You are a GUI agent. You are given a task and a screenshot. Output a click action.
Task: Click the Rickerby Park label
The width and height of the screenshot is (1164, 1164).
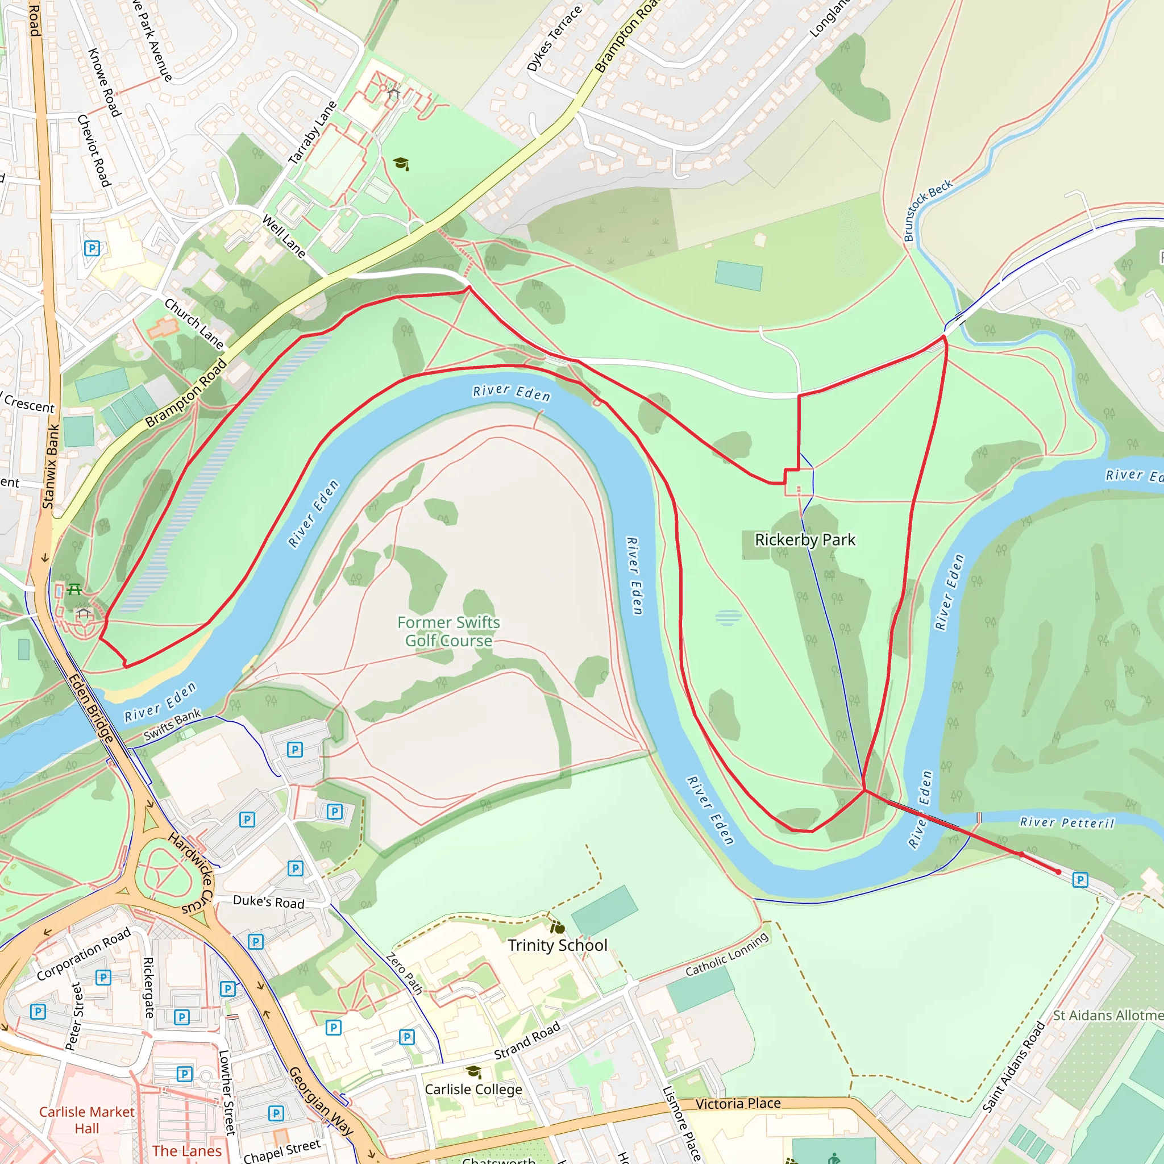click(805, 540)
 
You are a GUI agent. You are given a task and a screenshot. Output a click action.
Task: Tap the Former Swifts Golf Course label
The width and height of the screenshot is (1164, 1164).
click(449, 631)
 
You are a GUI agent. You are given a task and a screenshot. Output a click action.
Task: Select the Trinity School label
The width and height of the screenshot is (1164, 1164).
click(558, 945)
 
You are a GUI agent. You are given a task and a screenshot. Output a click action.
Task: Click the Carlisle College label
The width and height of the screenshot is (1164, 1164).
click(473, 1090)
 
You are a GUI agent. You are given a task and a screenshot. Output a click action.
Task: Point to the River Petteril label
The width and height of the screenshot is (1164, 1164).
click(1067, 822)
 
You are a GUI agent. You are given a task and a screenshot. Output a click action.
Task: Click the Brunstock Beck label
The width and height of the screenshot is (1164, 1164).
click(927, 210)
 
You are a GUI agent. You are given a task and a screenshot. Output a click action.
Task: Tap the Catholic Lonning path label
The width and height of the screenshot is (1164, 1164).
click(727, 954)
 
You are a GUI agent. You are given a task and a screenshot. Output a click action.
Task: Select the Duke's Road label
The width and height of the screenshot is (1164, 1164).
click(269, 902)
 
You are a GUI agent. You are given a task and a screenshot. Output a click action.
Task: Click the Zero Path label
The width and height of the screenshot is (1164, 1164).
click(404, 973)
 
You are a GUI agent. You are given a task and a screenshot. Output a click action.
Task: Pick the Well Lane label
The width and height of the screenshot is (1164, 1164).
click(284, 236)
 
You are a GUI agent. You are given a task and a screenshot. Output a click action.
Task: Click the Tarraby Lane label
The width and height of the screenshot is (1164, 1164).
click(312, 133)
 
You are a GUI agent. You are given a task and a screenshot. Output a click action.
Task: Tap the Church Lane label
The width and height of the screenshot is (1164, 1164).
click(194, 323)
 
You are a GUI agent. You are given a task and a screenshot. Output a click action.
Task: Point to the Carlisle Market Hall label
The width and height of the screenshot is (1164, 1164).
click(87, 1120)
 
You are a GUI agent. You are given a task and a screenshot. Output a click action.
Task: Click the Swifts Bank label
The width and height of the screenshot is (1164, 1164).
click(172, 725)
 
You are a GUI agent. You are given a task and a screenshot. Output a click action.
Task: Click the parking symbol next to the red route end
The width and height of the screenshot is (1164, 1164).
click(1080, 880)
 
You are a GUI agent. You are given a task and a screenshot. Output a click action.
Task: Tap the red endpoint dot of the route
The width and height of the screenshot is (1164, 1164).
click(1058, 872)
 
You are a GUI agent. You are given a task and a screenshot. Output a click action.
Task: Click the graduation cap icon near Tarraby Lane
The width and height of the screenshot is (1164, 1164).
click(401, 164)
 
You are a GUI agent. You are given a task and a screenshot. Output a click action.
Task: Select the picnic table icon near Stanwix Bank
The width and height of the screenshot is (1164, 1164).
click(74, 589)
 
